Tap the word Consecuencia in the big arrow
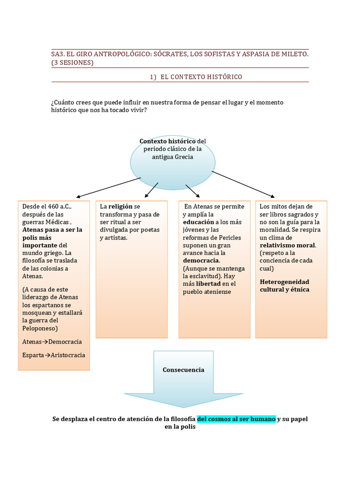[x=183, y=370]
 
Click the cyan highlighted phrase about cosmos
[x=236, y=419]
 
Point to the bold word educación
[x=198, y=222]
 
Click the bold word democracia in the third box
[x=201, y=260]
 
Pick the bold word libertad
[x=208, y=284]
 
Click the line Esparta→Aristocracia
[x=54, y=355]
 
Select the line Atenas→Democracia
[x=52, y=342]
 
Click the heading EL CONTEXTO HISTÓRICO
[x=201, y=77]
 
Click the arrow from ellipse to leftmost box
[x=108, y=187]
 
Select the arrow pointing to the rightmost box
[x=243, y=183]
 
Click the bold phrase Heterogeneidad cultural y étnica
[x=285, y=285]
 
